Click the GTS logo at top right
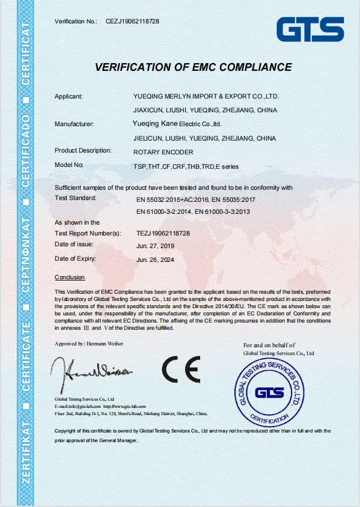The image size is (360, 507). point(310,29)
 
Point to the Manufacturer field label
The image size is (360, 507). point(74,124)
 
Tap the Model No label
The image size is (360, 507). point(69,164)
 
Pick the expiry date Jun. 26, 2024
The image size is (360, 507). point(155,260)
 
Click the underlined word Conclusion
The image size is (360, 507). point(70,278)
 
